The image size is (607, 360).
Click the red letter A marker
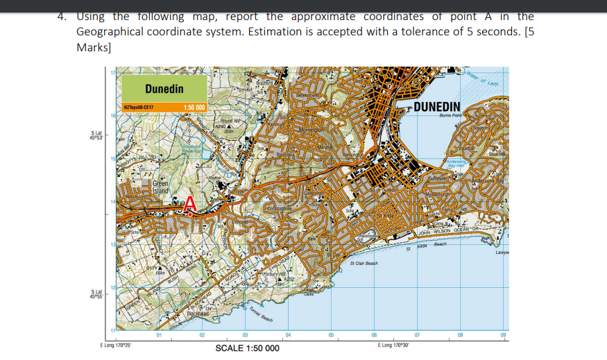point(189,205)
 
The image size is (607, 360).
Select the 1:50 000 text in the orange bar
point(195,108)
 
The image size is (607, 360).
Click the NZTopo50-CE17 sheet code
point(138,108)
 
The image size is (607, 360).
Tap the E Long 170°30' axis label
point(393,345)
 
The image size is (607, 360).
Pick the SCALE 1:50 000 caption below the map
point(248,348)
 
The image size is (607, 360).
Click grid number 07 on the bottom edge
point(417,336)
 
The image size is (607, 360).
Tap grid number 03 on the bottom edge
point(245,336)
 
